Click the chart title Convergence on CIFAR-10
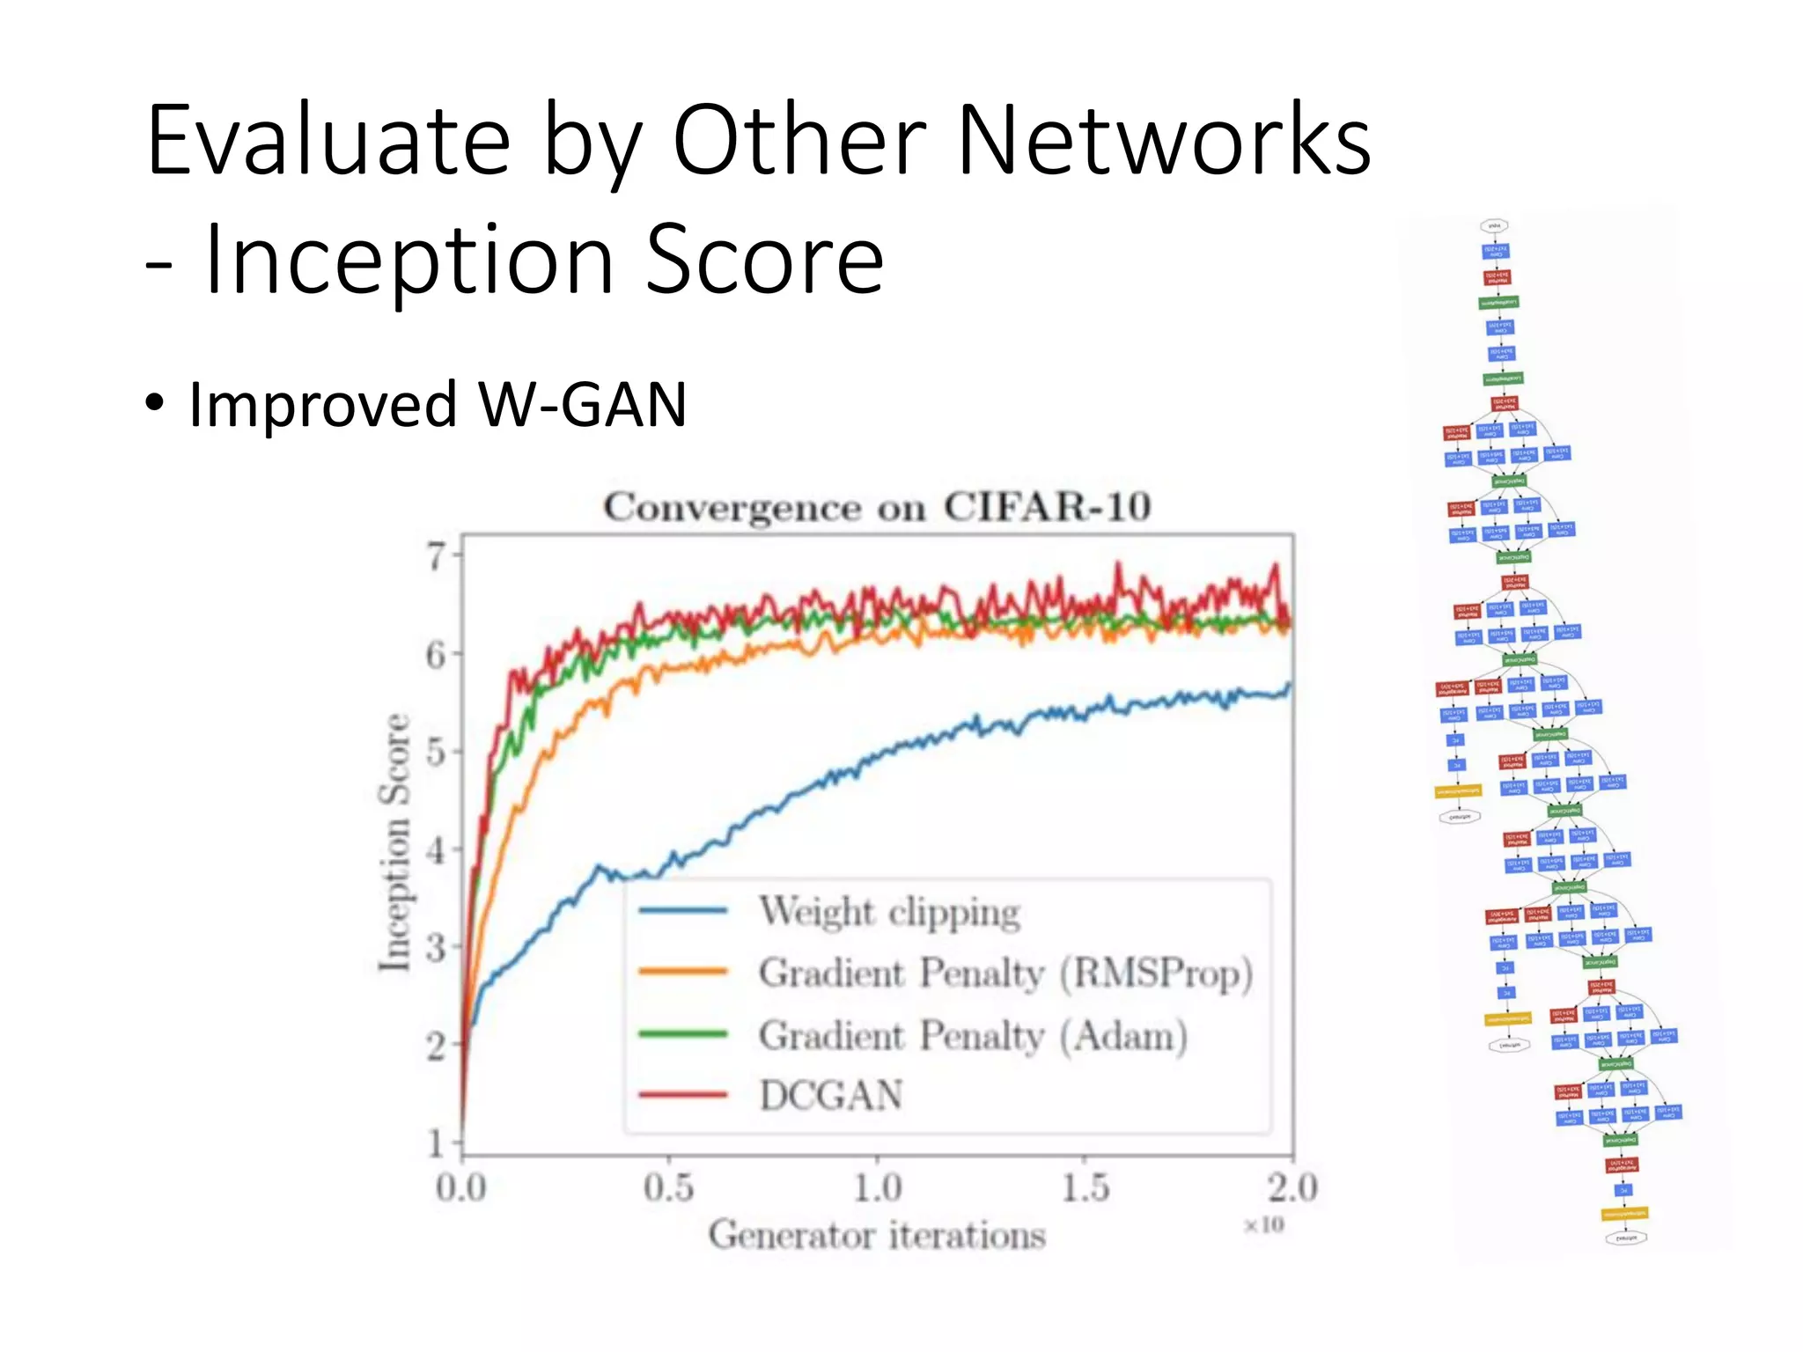tap(877, 507)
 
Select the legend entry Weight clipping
tap(889, 911)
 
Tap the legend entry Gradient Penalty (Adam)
tap(973, 1035)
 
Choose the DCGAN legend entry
tap(831, 1096)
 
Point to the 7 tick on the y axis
tap(437, 556)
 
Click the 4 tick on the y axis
tap(437, 851)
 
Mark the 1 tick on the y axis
tap(437, 1143)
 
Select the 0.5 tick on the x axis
tap(668, 1188)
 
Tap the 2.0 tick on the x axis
tap(1292, 1188)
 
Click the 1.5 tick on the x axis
tap(1085, 1188)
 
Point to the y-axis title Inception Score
tap(394, 843)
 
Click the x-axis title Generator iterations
tap(877, 1235)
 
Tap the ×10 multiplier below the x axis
tap(1264, 1225)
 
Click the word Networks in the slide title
tap(1164, 141)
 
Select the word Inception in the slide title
tap(409, 259)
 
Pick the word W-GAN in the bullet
tap(582, 405)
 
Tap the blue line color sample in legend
tap(683, 911)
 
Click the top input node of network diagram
tap(1494, 226)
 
